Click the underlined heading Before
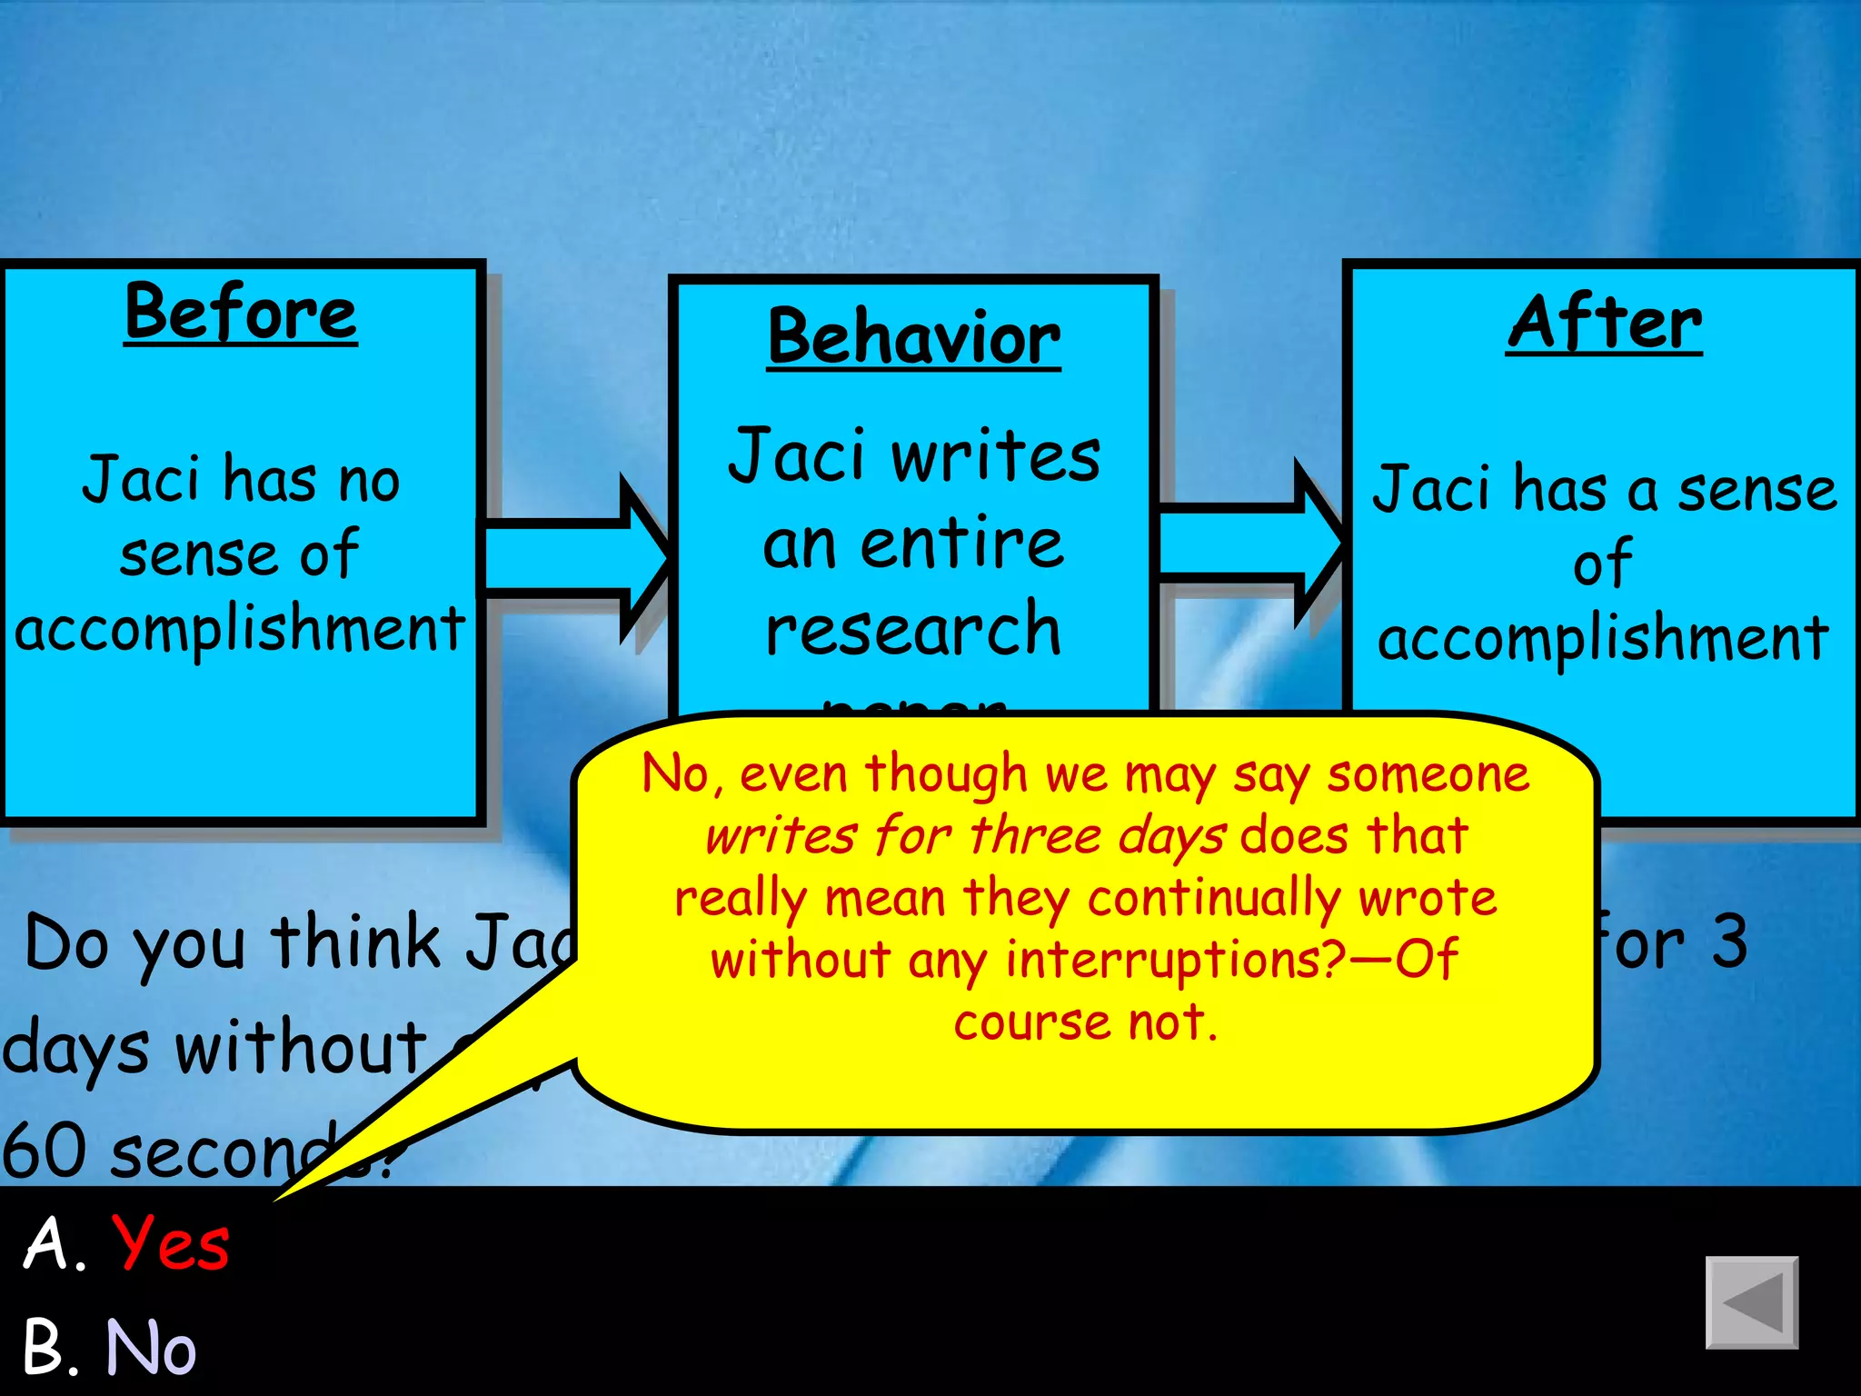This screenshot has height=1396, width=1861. tap(241, 313)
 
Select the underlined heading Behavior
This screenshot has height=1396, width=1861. tap(913, 337)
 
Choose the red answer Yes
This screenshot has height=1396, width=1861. tap(170, 1242)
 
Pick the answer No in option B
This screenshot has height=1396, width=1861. tap(151, 1347)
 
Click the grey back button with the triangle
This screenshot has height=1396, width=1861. tap(1751, 1302)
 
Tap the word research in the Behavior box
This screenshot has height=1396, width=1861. tap(913, 629)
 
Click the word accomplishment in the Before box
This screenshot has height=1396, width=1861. tap(241, 629)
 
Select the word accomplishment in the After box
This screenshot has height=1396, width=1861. tap(1603, 638)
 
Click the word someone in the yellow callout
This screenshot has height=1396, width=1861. tap(1428, 775)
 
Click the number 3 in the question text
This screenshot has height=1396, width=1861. tap(1729, 942)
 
